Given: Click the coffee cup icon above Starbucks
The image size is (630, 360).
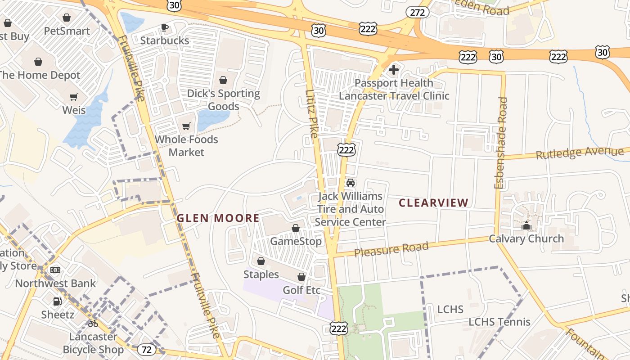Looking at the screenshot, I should point(165,28).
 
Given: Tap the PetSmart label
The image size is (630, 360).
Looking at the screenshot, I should point(67,31).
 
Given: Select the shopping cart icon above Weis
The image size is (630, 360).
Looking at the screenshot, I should point(74,97).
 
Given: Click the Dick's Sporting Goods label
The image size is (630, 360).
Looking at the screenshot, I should point(224,100).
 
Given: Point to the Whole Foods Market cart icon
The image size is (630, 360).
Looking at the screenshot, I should point(186,126).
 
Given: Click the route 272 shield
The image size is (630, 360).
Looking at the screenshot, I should point(417,12).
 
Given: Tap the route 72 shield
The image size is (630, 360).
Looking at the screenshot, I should point(146,349).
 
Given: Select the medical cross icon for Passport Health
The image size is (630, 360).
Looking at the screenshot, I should point(394,70).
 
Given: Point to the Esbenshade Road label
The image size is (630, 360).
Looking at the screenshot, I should point(500,143).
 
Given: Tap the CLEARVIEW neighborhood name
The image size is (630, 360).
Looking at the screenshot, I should point(434,203).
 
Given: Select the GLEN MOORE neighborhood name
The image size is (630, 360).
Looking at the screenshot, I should point(218,218).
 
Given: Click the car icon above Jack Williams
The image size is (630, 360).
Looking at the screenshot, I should point(351,183).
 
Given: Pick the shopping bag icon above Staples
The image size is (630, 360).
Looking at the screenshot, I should point(261,261).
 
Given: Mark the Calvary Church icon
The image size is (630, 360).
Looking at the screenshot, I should point(526,225).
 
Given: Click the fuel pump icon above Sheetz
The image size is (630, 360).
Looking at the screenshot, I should point(58,301).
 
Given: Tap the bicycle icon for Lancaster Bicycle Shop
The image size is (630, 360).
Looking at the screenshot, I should point(93,323).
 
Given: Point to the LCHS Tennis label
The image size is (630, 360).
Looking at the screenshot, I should point(499,322).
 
